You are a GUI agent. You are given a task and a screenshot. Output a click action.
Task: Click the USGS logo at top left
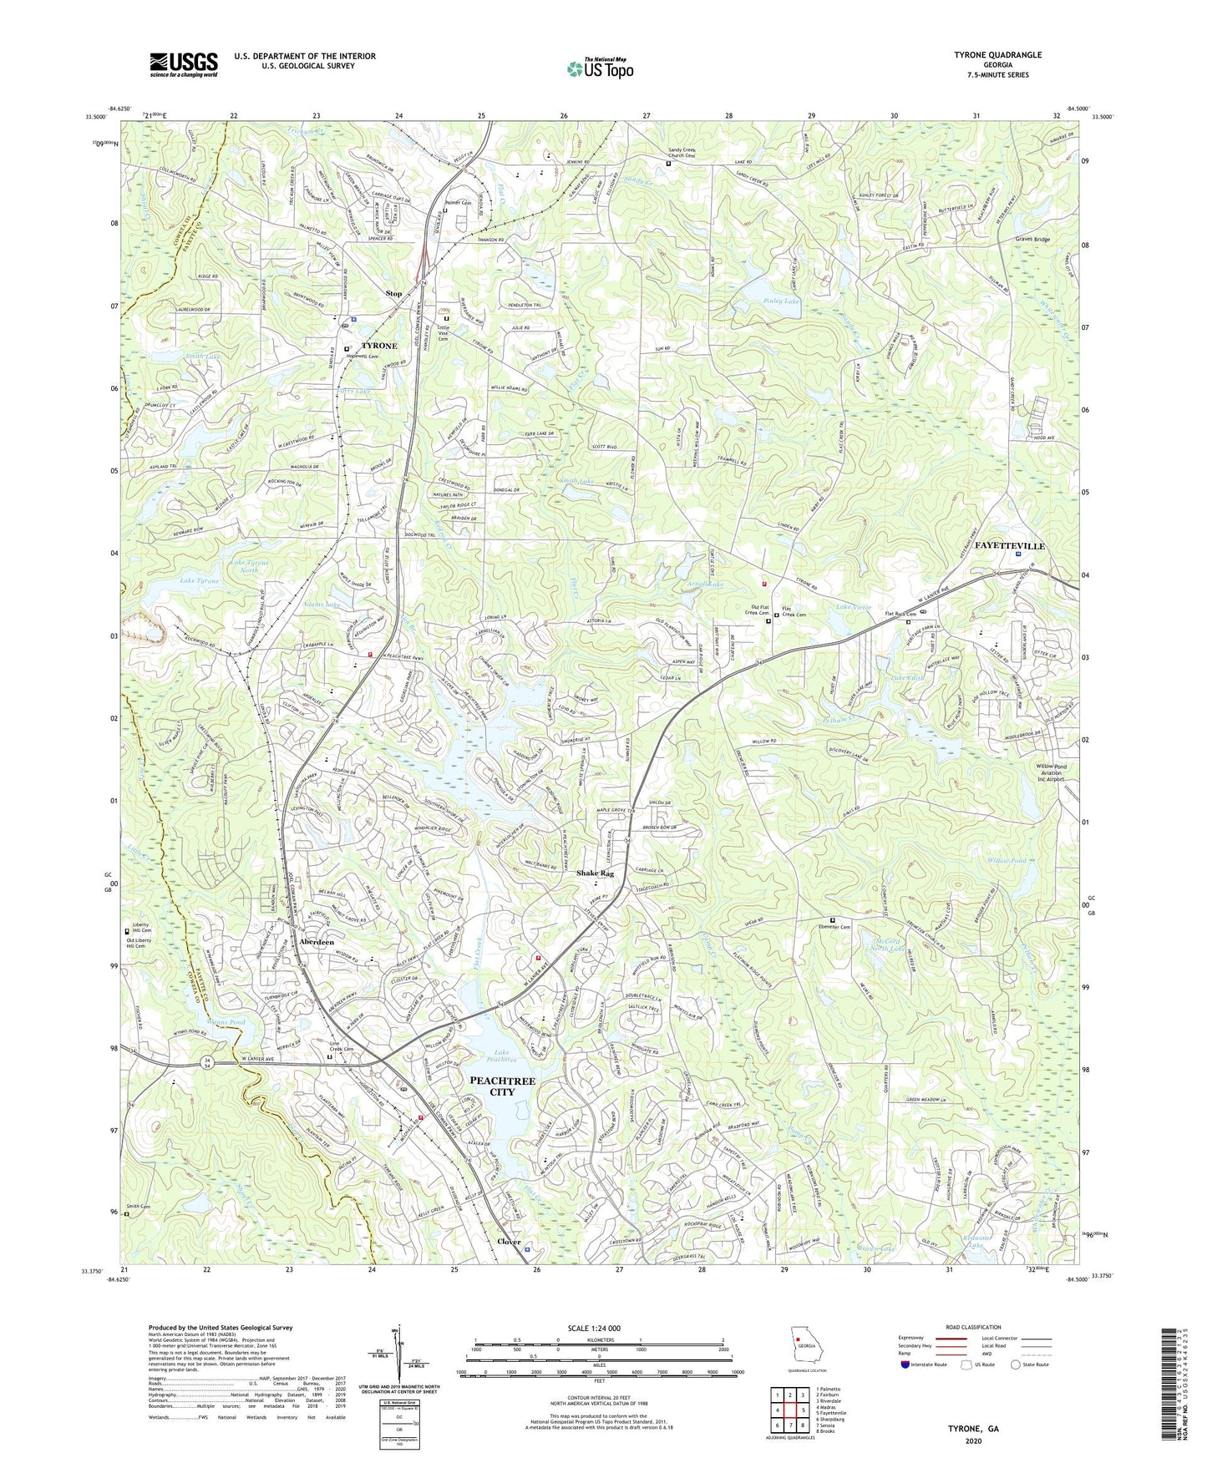tap(184, 63)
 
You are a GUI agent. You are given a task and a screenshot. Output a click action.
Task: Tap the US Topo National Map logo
tap(599, 68)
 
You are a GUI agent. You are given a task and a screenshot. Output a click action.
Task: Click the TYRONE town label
tap(378, 345)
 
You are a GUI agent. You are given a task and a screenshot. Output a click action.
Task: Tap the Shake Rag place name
tap(595, 873)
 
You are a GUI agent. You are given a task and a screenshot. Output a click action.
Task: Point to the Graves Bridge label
tap(1032, 239)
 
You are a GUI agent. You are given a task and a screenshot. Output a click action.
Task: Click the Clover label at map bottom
tap(509, 1241)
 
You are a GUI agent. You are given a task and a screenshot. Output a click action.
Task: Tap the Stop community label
tap(393, 293)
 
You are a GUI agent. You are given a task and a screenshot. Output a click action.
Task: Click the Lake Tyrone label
tap(199, 580)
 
